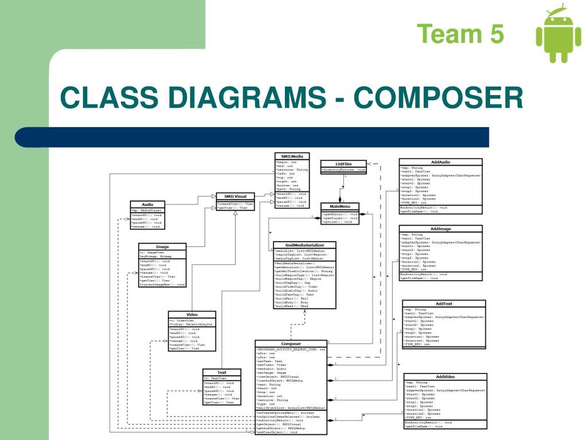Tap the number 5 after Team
(496, 34)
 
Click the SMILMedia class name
(292, 156)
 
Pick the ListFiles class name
(343, 164)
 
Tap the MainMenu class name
(340, 206)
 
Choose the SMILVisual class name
(236, 197)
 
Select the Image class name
(162, 247)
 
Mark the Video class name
(191, 315)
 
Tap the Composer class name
(291, 344)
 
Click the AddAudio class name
(440, 162)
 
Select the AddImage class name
(440, 229)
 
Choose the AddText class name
(444, 303)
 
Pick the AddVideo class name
(445, 376)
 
